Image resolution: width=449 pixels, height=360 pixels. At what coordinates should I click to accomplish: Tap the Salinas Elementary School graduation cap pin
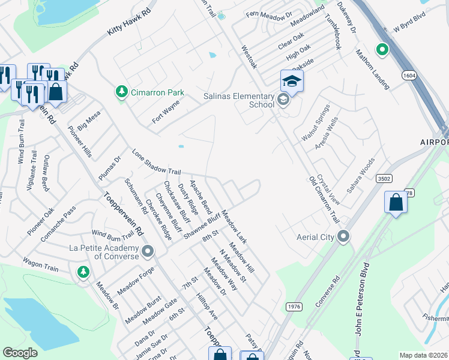point(292,81)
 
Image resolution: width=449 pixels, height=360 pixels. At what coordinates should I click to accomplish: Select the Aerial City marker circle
point(343,236)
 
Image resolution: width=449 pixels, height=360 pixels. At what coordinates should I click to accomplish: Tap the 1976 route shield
point(294,306)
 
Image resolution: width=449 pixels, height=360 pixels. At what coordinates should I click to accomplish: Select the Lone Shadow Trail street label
point(156,163)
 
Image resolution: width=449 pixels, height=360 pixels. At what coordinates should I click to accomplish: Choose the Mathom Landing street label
point(373,70)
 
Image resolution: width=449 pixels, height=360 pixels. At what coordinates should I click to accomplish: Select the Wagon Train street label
point(41,265)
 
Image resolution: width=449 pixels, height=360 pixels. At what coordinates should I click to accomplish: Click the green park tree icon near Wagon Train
point(83,273)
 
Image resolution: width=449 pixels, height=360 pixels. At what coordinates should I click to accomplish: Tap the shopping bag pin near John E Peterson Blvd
point(396,202)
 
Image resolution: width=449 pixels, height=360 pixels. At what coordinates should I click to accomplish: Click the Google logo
point(20,353)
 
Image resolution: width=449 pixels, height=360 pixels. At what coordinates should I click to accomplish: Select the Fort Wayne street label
point(166,112)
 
